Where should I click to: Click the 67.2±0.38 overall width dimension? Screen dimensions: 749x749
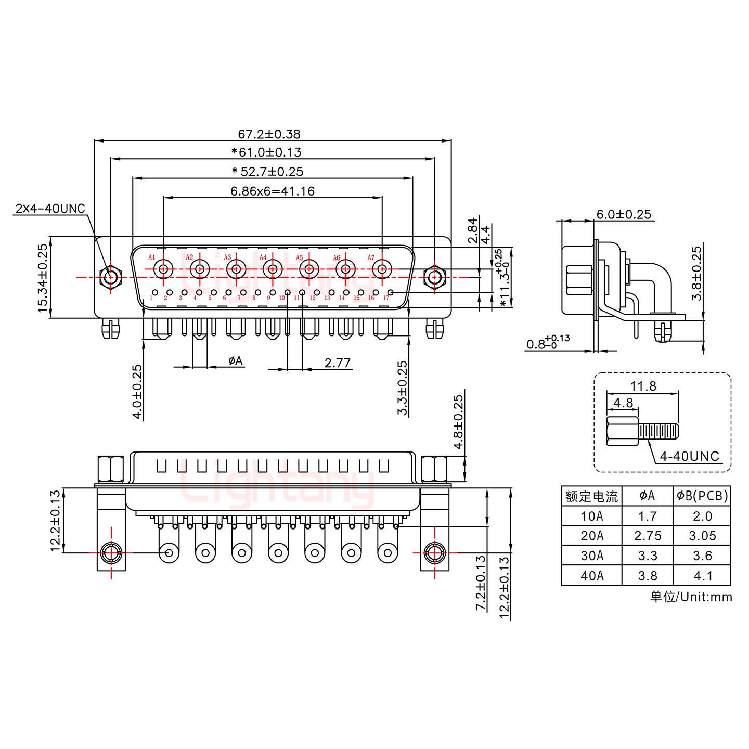point(269,134)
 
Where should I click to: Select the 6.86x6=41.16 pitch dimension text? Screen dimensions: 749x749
point(273,191)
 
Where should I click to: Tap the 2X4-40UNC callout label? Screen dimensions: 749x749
point(50,209)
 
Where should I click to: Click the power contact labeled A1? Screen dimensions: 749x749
point(164,269)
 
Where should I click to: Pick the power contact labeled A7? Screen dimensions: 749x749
point(382,269)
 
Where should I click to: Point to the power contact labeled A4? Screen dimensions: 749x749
point(272,269)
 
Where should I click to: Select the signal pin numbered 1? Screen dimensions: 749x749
point(155,293)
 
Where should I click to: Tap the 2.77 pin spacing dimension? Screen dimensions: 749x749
point(337,363)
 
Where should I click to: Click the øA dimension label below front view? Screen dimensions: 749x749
point(236,360)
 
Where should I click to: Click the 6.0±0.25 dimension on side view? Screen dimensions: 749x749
point(624,214)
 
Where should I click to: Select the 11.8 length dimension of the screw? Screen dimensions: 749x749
point(643,386)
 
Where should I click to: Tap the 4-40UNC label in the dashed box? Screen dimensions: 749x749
point(689,456)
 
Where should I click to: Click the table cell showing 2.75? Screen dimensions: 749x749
point(648,536)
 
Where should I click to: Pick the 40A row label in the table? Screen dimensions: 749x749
point(592,576)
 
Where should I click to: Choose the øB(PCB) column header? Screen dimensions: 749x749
point(702,496)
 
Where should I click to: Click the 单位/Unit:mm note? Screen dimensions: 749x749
point(691,597)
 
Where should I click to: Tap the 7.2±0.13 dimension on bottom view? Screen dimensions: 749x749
point(481,583)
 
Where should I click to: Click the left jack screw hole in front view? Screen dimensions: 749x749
point(110,277)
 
